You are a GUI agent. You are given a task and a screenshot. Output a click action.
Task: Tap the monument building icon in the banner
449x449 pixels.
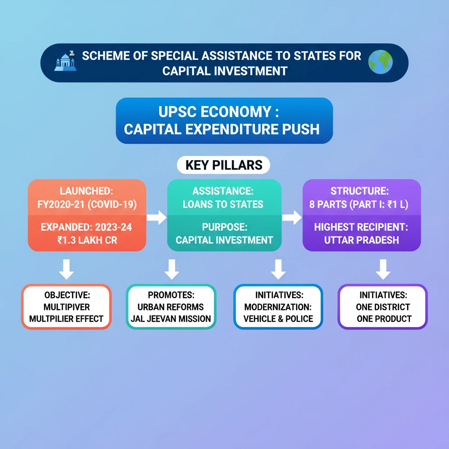click(x=65, y=62)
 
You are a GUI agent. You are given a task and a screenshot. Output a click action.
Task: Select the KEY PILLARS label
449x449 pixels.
click(x=224, y=165)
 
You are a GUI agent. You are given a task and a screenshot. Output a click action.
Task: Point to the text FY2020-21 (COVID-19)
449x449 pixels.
click(x=87, y=204)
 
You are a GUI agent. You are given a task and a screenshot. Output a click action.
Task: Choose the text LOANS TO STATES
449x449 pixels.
click(x=224, y=204)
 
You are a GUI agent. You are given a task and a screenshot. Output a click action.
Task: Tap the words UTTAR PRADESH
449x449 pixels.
click(x=361, y=240)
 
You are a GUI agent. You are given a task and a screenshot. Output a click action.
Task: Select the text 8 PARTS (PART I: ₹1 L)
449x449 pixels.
click(x=361, y=204)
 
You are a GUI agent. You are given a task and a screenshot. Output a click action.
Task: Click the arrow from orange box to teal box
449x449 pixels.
click(x=156, y=216)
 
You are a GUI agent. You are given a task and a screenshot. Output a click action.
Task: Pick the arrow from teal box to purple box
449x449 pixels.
click(x=292, y=216)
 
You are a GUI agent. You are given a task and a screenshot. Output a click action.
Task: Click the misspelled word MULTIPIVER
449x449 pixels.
click(x=67, y=307)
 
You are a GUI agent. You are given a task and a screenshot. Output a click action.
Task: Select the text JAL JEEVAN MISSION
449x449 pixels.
click(x=171, y=319)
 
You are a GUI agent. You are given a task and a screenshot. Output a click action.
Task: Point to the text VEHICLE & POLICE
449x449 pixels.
click(x=278, y=319)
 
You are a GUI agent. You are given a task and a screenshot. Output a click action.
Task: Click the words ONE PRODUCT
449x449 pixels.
click(x=383, y=319)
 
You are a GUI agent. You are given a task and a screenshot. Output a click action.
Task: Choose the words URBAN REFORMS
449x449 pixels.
click(x=171, y=307)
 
